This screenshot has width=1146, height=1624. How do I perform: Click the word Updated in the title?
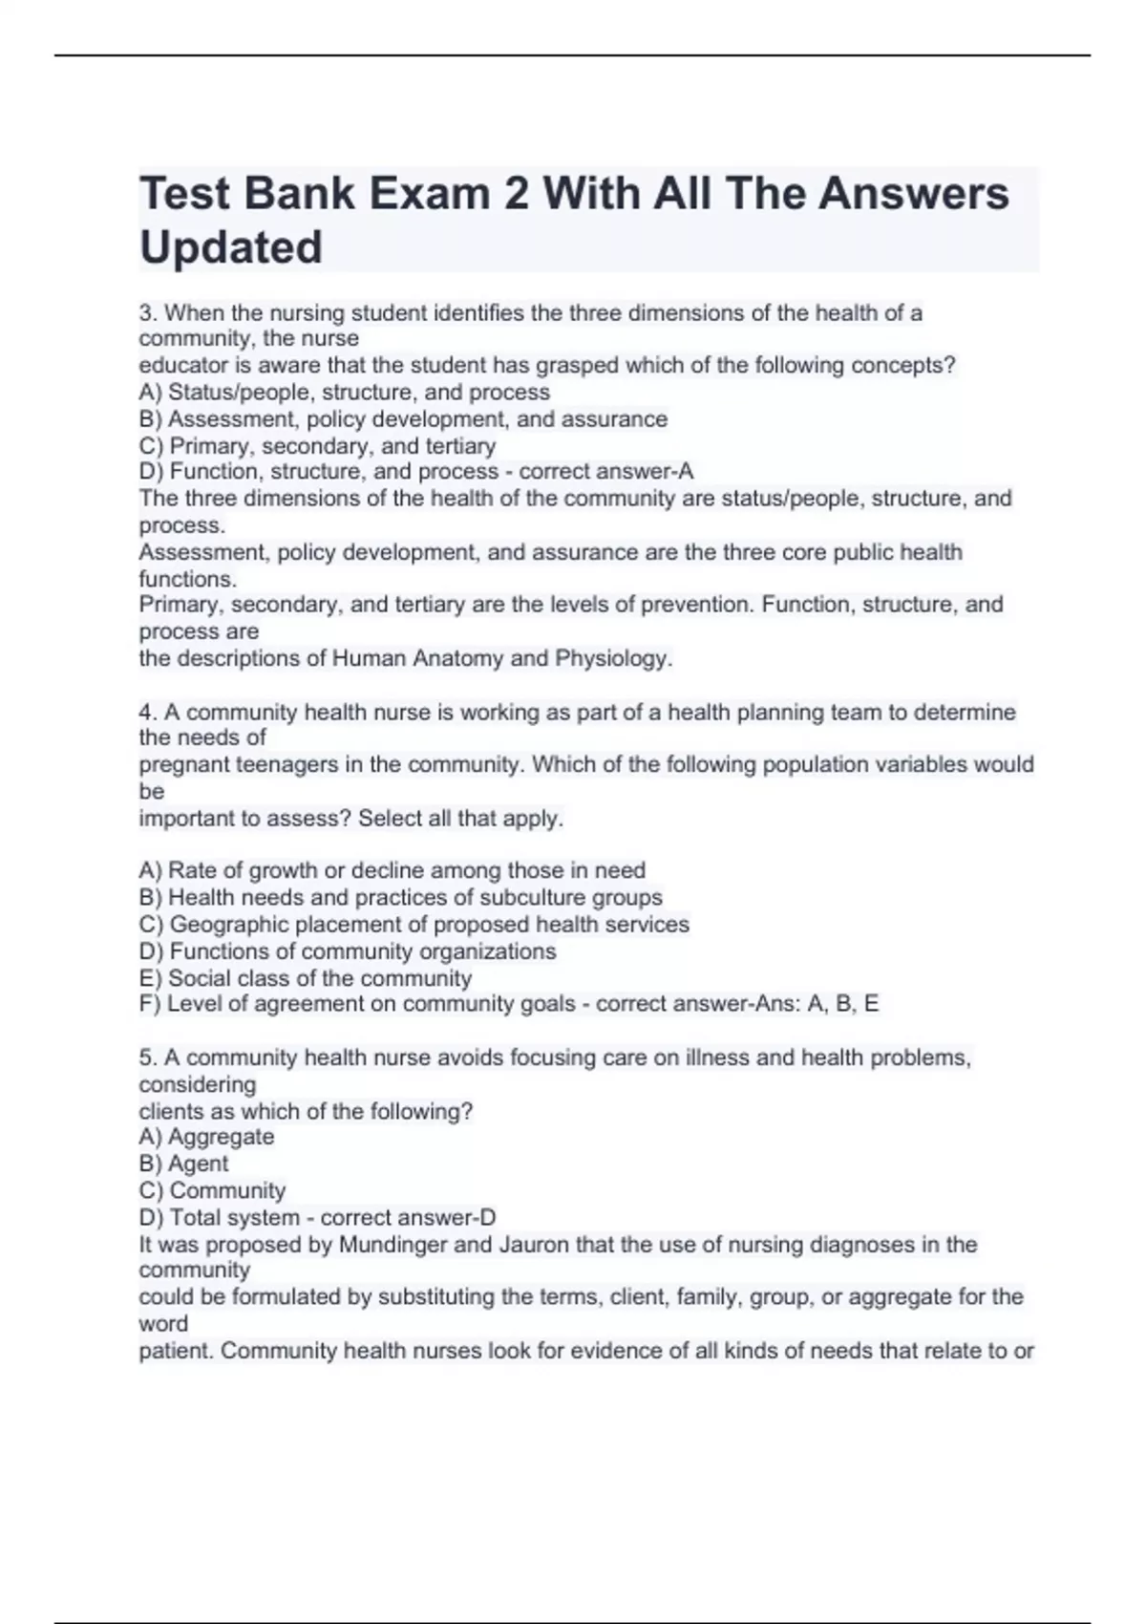(231, 247)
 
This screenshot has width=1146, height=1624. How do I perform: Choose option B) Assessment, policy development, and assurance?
(403, 419)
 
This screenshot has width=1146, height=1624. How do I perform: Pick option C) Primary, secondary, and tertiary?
(317, 446)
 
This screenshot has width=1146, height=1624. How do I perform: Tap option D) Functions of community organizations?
(348, 951)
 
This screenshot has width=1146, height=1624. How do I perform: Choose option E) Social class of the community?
(306, 978)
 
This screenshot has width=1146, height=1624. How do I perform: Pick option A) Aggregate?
(206, 1137)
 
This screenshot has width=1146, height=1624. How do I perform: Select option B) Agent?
(183, 1164)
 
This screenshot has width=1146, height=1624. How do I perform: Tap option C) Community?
(212, 1190)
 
